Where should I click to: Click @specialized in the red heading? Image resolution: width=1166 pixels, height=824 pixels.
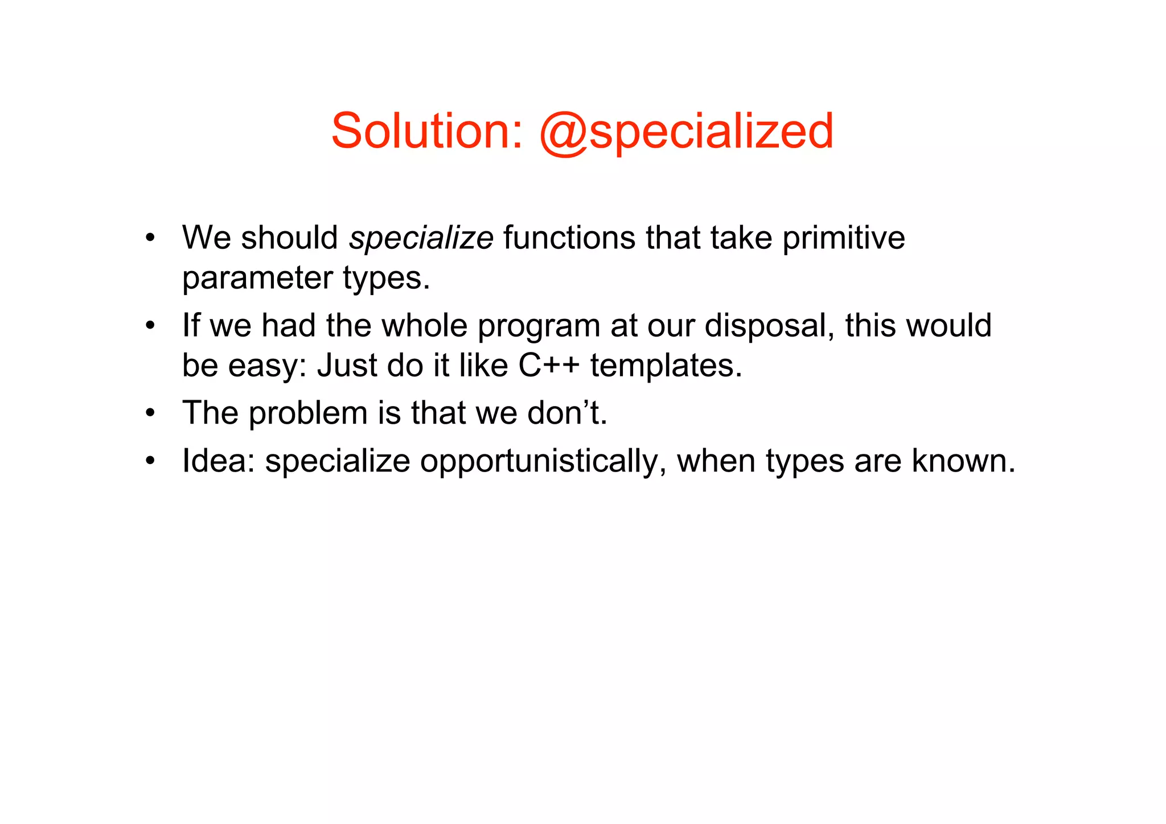click(x=685, y=132)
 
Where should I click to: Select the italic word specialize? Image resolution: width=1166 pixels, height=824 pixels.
click(x=421, y=238)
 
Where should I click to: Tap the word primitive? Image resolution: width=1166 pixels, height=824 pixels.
click(x=843, y=238)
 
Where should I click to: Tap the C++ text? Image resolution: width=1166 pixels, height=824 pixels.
click(x=549, y=366)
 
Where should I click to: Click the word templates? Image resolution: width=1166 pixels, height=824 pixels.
click(x=666, y=367)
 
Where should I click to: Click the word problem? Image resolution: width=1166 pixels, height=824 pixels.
click(x=307, y=413)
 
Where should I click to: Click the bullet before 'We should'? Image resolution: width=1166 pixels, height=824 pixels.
click(x=150, y=238)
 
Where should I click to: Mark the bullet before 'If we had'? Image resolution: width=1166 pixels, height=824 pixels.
click(x=150, y=326)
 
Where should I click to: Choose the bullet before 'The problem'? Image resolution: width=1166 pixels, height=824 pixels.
click(x=150, y=413)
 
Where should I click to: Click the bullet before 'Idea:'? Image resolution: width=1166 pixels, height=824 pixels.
click(x=150, y=461)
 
